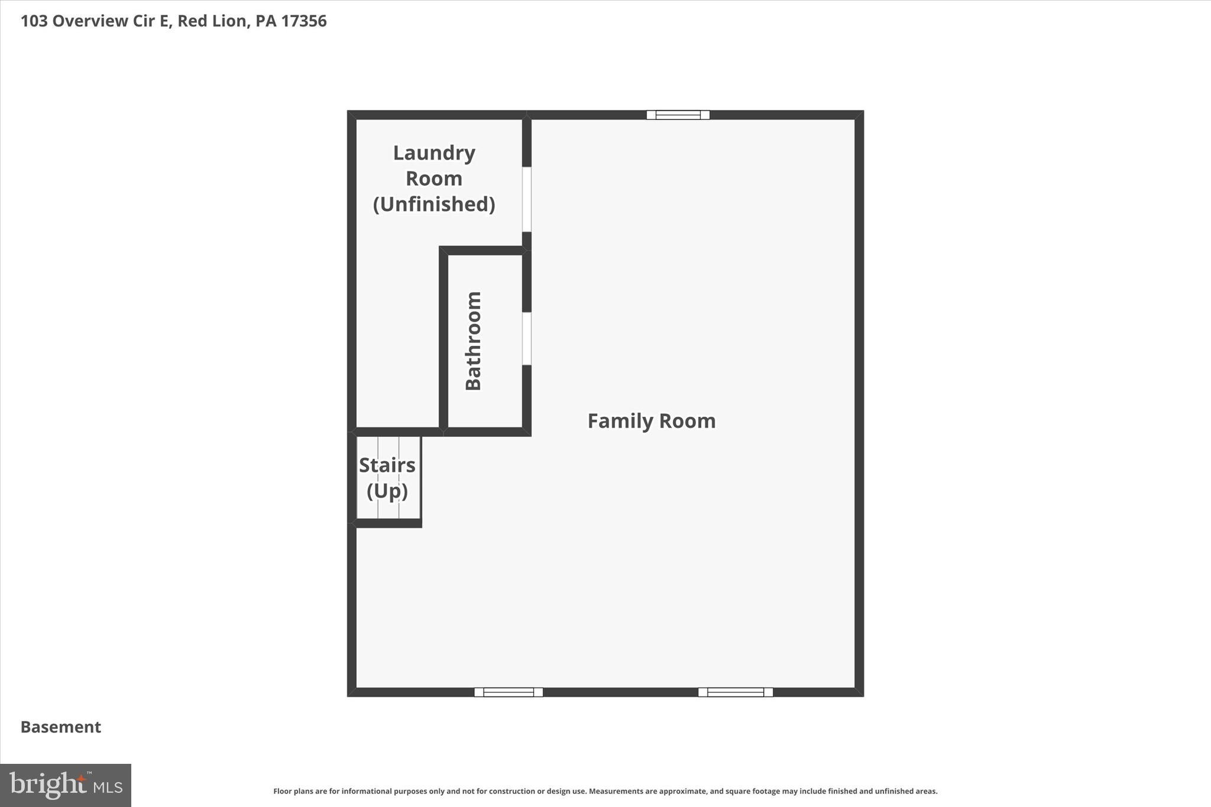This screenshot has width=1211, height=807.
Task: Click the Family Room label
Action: tap(651, 421)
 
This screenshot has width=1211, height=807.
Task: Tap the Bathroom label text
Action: tap(473, 341)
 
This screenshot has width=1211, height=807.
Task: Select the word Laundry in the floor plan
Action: tap(434, 153)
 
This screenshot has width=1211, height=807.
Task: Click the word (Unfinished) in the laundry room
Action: tap(434, 204)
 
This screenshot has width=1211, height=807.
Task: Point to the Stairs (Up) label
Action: tap(387, 478)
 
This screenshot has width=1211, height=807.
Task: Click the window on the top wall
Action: tap(678, 115)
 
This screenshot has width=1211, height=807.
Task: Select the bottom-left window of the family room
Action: tap(509, 692)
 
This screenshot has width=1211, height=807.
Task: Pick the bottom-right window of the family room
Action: tap(735, 692)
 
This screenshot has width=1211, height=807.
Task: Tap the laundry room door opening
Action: tap(526, 199)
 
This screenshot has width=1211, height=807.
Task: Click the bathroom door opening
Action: tap(526, 339)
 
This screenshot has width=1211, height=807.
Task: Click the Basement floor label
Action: tap(61, 727)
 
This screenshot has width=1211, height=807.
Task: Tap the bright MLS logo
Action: tap(66, 785)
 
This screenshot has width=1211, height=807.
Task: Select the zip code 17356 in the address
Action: tap(304, 21)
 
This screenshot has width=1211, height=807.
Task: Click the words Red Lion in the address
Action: tap(212, 21)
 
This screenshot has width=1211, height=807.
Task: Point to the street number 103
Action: tap(34, 21)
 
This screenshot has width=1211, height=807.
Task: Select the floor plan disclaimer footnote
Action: tap(605, 791)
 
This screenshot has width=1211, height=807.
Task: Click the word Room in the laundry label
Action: tap(434, 179)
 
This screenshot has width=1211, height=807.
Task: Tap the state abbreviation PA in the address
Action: tap(266, 21)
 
